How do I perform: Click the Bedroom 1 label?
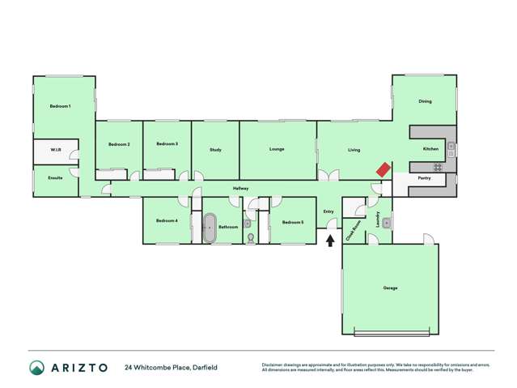[60, 106]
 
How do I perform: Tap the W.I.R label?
[56, 150]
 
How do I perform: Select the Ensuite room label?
[55, 177]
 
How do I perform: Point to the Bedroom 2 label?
[119, 144]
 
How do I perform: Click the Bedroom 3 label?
[167, 143]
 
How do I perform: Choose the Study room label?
[215, 150]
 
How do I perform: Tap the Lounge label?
[277, 149]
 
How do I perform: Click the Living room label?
[354, 150]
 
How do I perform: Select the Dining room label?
[425, 101]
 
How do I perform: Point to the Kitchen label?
[430, 149]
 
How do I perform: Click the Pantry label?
[423, 177]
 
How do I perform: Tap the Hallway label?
[240, 189]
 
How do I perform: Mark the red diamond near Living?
[383, 170]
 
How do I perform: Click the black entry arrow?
[329, 240]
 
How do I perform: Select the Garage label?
[390, 288]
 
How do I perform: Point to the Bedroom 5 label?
[292, 222]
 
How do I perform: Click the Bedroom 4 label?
[167, 220]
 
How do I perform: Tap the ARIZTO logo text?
[78, 367]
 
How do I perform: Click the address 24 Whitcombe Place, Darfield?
[171, 367]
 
